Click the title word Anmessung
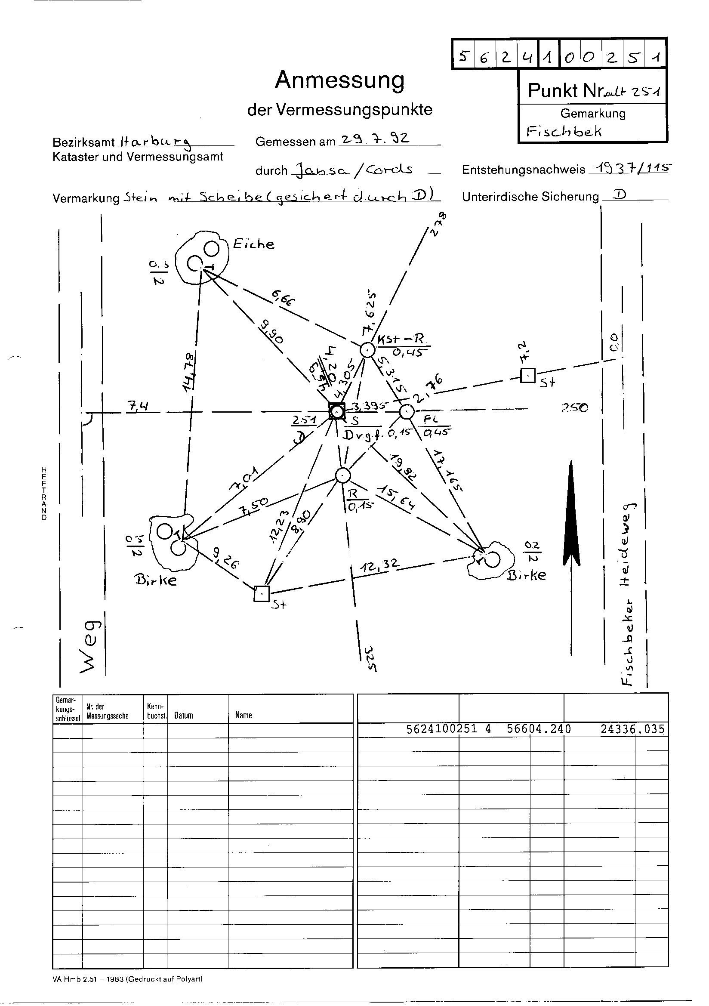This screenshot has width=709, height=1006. [339, 80]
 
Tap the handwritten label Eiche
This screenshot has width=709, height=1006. [253, 244]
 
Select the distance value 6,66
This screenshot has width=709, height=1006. [284, 299]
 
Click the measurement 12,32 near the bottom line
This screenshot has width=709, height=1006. [379, 567]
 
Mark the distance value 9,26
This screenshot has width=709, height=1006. [226, 559]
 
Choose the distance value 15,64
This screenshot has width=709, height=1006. [398, 497]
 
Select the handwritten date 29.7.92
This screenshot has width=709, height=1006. [375, 139]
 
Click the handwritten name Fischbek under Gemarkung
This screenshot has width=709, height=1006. [564, 131]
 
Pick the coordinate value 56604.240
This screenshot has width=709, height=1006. [539, 729]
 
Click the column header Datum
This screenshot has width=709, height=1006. [184, 715]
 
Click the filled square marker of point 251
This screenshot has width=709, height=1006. [337, 411]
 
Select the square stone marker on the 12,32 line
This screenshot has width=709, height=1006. [262, 593]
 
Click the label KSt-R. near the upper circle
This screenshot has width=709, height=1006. [400, 339]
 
